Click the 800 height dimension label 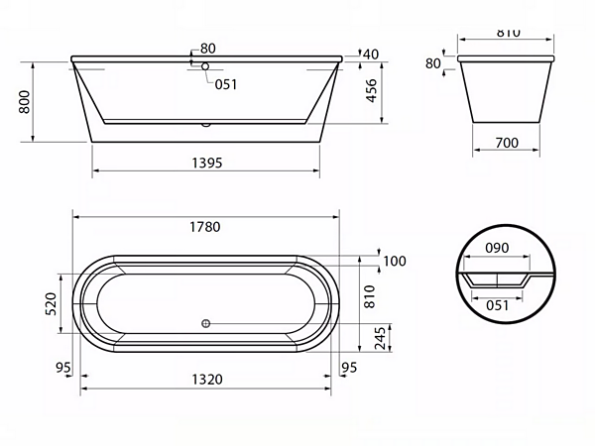tap(24, 102)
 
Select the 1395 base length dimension tap(207, 163)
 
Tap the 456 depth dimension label tap(372, 90)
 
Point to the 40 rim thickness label tap(371, 55)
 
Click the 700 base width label tap(507, 143)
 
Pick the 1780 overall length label tap(205, 227)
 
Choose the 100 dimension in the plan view tap(395, 261)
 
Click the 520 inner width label tap(51, 304)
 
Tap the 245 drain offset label tap(380, 338)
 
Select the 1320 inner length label tap(207, 380)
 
